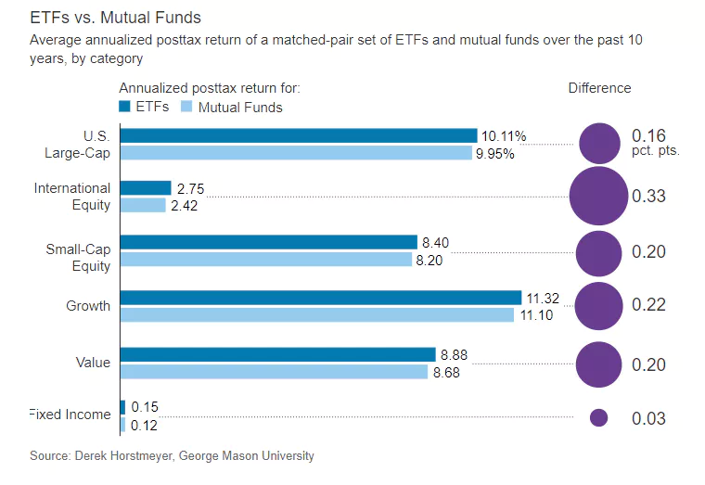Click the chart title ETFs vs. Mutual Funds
[x=116, y=18]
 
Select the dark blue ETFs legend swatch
[x=125, y=107]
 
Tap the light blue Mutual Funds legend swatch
[x=186, y=107]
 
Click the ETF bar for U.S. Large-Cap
[x=298, y=135]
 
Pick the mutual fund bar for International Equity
[x=143, y=205]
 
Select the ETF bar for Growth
[x=320, y=297]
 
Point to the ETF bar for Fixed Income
[x=122, y=406]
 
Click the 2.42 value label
[x=183, y=205]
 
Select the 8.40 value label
[x=436, y=243]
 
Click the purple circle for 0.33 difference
[x=597, y=197]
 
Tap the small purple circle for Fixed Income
[x=598, y=418]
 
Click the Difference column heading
[x=599, y=88]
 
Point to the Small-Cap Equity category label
[x=78, y=258]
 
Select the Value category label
[x=93, y=363]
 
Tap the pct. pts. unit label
[x=655, y=149]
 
